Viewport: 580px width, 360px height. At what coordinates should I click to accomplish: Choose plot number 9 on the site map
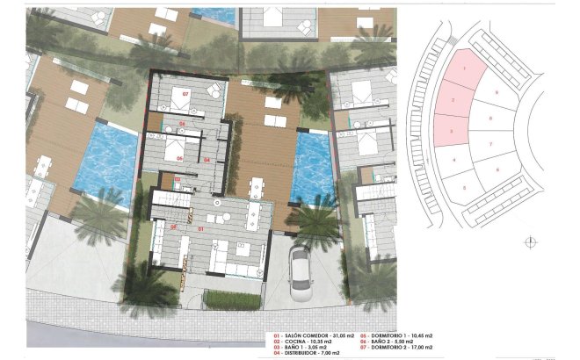(x=497, y=91)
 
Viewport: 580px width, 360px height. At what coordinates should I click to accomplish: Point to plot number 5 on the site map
(x=464, y=187)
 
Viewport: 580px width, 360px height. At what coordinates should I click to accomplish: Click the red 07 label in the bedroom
(x=185, y=92)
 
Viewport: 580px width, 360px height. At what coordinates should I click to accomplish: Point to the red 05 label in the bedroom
(x=179, y=159)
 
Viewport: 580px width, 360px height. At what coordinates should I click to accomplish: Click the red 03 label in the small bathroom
(x=178, y=179)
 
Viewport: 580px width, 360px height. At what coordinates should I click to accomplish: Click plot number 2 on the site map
(x=452, y=101)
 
